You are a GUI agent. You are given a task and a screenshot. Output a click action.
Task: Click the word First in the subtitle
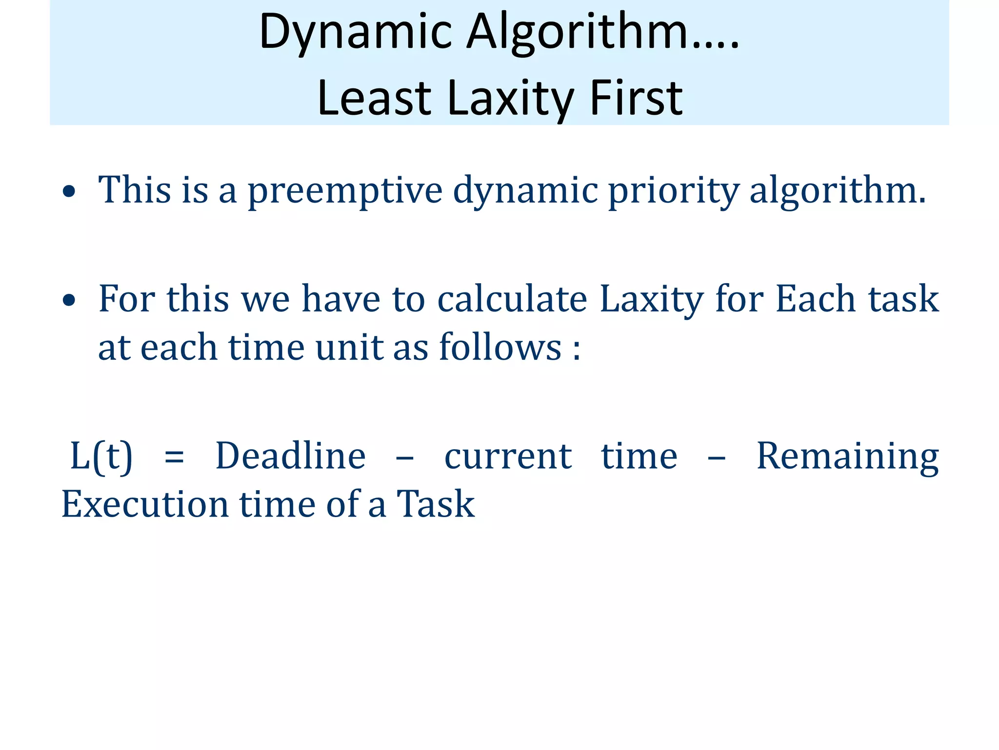pyautogui.click(x=636, y=99)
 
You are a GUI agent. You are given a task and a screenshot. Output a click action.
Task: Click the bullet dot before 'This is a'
pyautogui.click(x=69, y=191)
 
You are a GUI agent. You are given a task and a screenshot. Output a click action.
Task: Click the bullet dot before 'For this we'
pyautogui.click(x=69, y=300)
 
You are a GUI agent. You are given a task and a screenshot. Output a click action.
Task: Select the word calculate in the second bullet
pyautogui.click(x=512, y=299)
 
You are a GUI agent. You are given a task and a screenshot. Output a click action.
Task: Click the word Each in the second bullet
pyautogui.click(x=815, y=299)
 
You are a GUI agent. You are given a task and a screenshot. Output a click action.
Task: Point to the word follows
pyautogui.click(x=500, y=348)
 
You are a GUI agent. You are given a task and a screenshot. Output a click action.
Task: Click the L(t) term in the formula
pyautogui.click(x=101, y=457)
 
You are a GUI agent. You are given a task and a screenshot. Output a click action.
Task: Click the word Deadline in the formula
pyautogui.click(x=291, y=457)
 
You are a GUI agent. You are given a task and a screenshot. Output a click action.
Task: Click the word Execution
pyautogui.click(x=145, y=504)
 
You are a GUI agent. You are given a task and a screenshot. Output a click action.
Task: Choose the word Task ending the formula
pyautogui.click(x=435, y=504)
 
